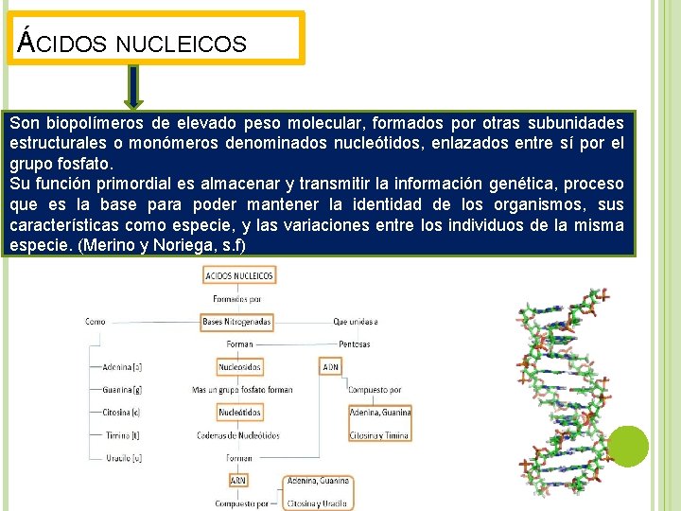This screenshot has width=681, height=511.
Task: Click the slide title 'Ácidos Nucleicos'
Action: tap(133, 43)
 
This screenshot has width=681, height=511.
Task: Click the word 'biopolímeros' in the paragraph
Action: tap(90, 123)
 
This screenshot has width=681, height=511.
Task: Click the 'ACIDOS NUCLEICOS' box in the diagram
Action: tap(238, 275)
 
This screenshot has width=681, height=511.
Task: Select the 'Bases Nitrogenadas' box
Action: tap(236, 322)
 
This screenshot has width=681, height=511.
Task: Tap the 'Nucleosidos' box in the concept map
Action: tap(239, 366)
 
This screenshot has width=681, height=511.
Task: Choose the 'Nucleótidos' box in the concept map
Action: tap(239, 412)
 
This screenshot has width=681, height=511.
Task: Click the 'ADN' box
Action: tap(330, 366)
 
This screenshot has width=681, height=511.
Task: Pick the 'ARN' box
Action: tap(238, 481)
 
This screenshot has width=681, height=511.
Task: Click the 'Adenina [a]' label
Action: tap(122, 366)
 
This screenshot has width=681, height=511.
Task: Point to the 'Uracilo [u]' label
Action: tap(123, 458)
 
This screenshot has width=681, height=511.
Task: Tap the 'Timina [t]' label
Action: tap(121, 435)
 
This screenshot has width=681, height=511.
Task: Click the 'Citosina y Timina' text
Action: tap(379, 435)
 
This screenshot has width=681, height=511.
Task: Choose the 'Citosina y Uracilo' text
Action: tap(319, 503)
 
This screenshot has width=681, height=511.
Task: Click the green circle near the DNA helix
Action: tap(628, 447)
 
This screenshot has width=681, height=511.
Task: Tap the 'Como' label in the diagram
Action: tap(96, 322)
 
